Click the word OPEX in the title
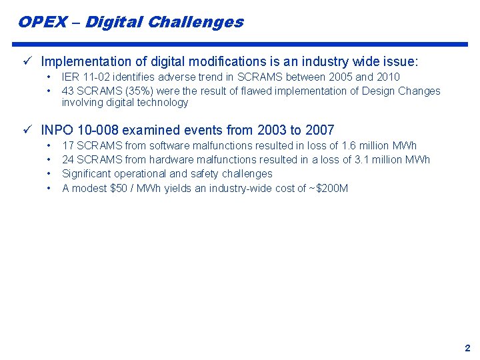[x=43, y=22]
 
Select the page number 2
[x=467, y=347]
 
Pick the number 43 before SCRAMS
[x=68, y=91]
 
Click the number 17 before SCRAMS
[x=68, y=145]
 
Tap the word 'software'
[x=169, y=145]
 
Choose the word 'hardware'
[x=171, y=159]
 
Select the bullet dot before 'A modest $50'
[x=49, y=188]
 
